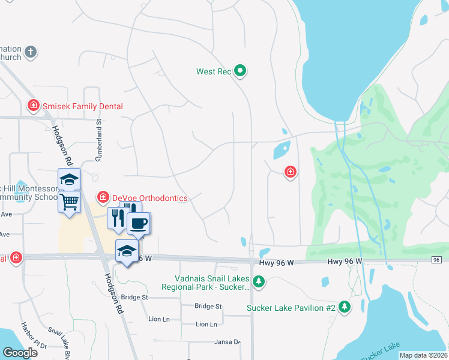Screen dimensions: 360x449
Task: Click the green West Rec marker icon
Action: (240, 71)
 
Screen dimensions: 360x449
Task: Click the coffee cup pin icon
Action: (139, 223)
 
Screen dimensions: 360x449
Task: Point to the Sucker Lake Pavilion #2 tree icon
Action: (344, 307)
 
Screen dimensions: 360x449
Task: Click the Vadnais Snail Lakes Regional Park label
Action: (203, 283)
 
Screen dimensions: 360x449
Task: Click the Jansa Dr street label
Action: (227, 342)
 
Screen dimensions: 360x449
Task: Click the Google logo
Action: (20, 353)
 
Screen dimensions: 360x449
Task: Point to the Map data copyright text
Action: (423, 355)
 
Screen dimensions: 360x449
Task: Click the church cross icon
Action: (31, 53)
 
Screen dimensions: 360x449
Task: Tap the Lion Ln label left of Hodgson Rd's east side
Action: (158, 319)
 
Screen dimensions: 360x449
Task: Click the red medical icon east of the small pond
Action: (291, 173)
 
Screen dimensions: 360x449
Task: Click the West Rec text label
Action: (214, 71)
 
